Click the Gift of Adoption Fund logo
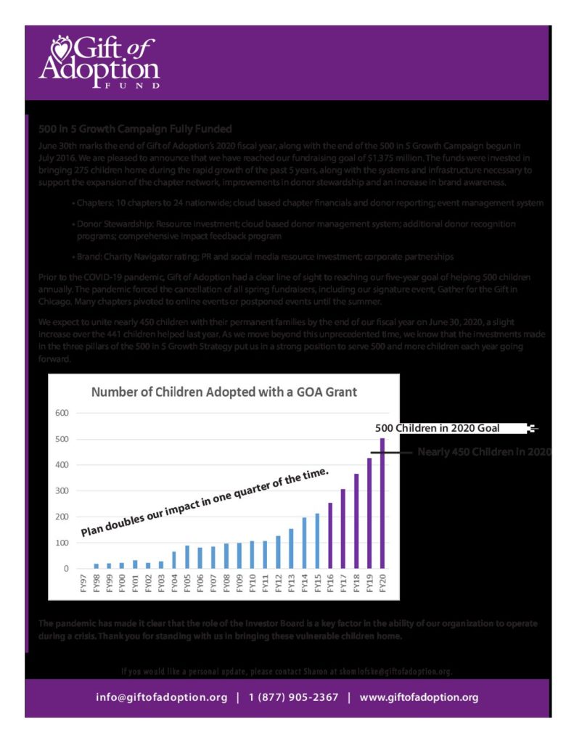tap(99, 62)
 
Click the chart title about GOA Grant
tap(224, 393)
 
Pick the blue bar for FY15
tap(317, 541)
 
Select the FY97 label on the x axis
tap(83, 584)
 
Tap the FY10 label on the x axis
tap(253, 584)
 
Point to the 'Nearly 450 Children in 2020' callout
tap(484, 453)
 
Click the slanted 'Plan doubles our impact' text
tap(204, 503)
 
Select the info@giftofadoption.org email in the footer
tap(162, 697)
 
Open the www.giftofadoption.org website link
tap(419, 697)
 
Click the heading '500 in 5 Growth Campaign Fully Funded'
tap(135, 129)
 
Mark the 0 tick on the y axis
tap(65, 569)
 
